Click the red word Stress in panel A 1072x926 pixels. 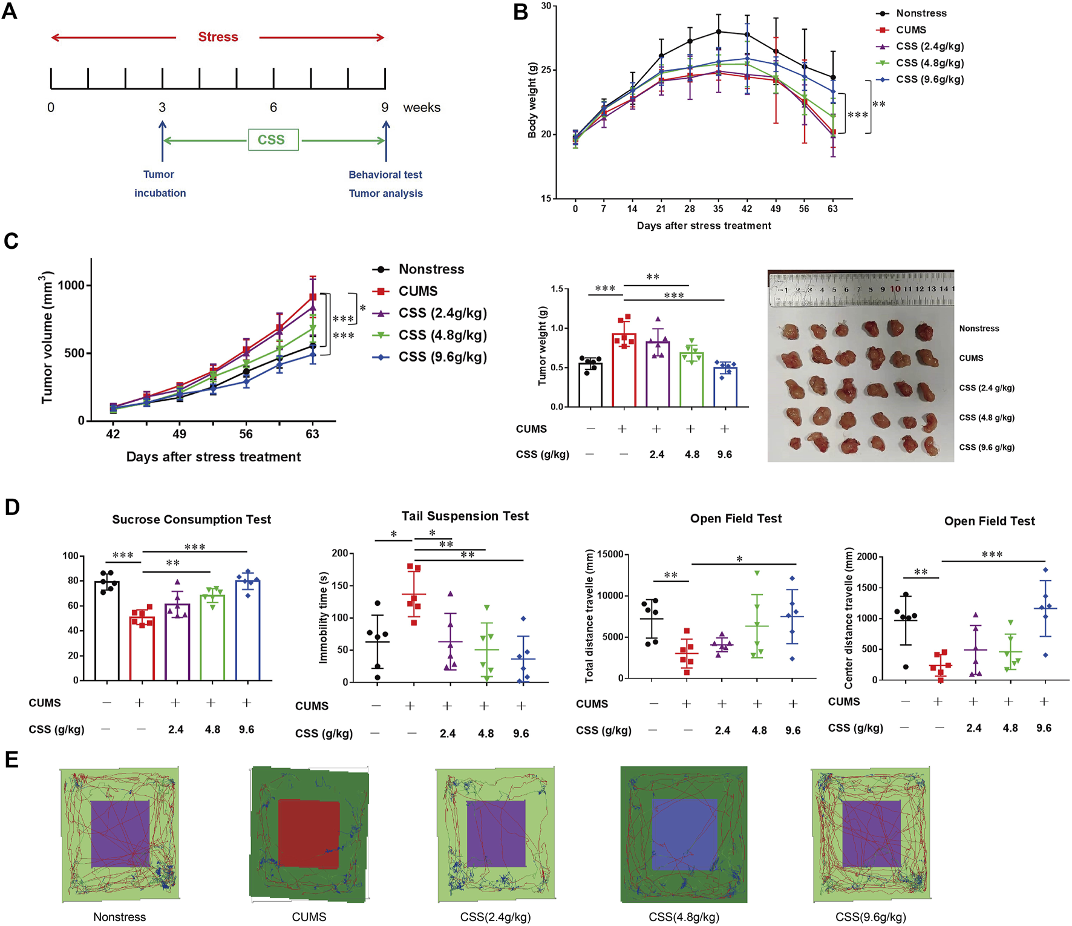218,37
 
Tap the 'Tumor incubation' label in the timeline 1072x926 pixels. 159,183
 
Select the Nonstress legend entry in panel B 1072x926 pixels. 921,13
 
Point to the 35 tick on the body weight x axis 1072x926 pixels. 718,209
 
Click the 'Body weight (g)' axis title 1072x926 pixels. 532,100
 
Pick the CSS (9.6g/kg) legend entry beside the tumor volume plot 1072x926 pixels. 442,357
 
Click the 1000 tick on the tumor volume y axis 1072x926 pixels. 71,286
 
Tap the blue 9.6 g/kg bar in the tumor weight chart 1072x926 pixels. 725,386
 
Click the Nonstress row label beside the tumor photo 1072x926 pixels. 979,329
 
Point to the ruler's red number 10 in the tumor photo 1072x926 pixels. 895,289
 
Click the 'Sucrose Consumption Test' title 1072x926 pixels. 191,519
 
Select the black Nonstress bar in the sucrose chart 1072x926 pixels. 106,630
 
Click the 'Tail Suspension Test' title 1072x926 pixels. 465,516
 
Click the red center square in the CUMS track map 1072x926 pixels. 309,833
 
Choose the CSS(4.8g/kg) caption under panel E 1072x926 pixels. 684,917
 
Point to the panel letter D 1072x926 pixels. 12,507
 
